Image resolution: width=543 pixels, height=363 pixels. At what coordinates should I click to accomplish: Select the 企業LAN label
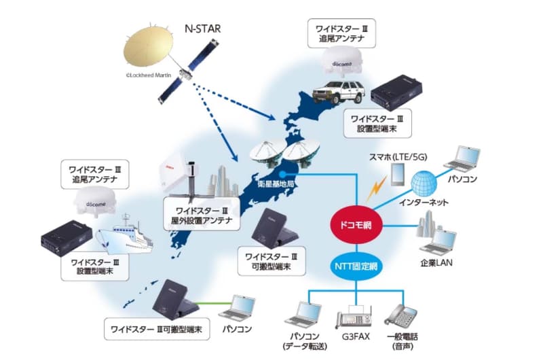(x=437, y=262)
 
